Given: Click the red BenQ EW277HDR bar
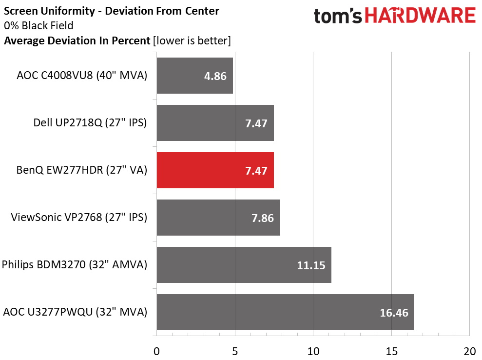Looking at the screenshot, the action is pos(215,170).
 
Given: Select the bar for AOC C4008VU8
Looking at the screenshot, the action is pos(195,76).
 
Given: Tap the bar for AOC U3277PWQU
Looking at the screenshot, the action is pos(285,312).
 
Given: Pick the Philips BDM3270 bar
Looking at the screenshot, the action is pos(244,264).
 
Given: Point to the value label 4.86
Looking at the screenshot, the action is pos(215,76).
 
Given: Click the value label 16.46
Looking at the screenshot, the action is pos(394,313).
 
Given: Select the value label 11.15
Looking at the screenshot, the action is pos(311,265).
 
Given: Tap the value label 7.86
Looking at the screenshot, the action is pos(263,218).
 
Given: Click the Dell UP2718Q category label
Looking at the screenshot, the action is pos(90,122).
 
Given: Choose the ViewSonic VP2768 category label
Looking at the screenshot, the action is pos(79,217).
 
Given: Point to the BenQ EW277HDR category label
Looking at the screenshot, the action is pos(82,170).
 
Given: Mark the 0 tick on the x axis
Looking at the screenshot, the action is pos(157,351).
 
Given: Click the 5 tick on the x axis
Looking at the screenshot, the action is pos(235,351).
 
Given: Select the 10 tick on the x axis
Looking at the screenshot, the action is pos(313,351).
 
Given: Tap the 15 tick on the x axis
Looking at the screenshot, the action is pos(392,351).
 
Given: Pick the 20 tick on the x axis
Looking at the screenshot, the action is pos(470,351).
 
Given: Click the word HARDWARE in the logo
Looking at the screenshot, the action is pos(420,16).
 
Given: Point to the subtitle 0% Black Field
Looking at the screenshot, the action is pos(39,25).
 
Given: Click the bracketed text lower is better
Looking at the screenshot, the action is pos(192,40).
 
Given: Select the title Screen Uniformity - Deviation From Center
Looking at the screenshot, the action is pos(111,11).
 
